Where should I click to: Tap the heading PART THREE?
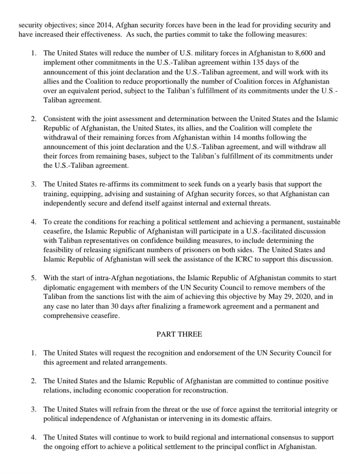pos(179,334)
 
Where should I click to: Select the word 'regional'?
pos(199,437)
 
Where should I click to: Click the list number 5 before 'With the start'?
pos(34,278)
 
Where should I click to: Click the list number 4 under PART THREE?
pos(34,437)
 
